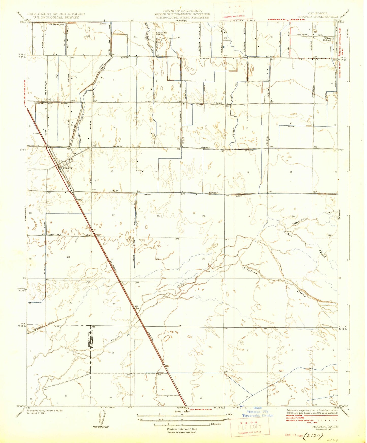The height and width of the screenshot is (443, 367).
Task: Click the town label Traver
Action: [x=68, y=168]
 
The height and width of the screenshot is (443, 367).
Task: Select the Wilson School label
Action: [x=327, y=39]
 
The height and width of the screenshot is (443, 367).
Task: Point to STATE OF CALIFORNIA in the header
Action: [x=182, y=11]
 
